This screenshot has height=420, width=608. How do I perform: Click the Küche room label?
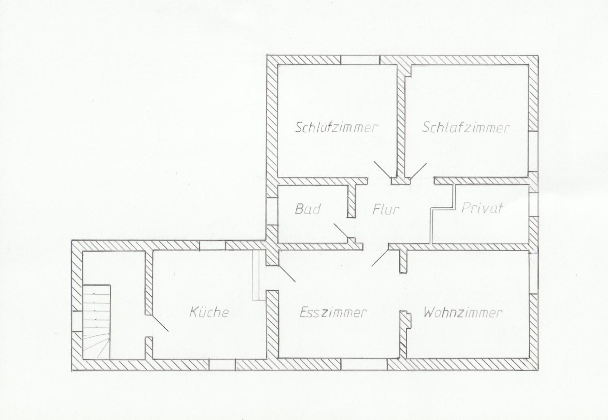[x=209, y=312]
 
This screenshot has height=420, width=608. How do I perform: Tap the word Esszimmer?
[x=333, y=312]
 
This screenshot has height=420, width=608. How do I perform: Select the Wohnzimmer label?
[x=463, y=313]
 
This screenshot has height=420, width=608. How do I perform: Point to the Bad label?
[x=307, y=209]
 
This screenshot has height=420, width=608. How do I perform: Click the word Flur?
[x=385, y=209]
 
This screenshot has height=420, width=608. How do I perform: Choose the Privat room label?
[x=482, y=208]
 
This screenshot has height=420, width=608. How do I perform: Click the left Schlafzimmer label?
[x=336, y=128]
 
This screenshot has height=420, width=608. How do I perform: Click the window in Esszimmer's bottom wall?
[x=364, y=364]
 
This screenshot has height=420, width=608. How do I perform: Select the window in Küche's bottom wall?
[x=222, y=365]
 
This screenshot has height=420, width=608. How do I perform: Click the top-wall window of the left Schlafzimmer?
[x=360, y=60]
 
